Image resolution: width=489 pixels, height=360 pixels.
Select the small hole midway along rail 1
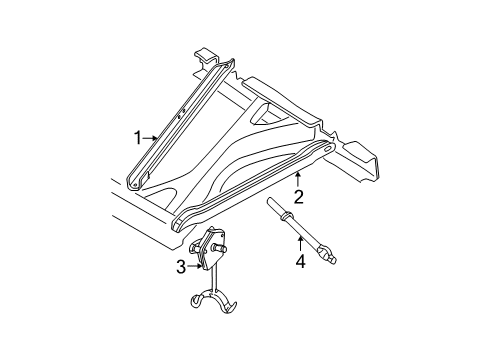178,117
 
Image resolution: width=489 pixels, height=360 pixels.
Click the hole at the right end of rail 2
326,150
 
